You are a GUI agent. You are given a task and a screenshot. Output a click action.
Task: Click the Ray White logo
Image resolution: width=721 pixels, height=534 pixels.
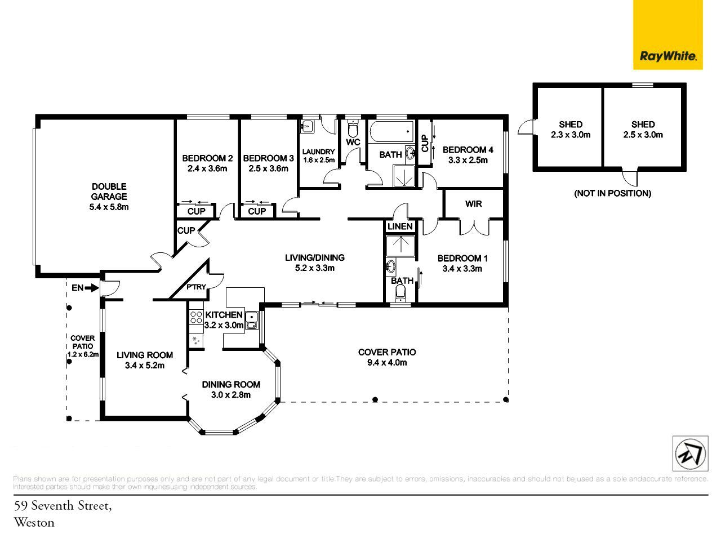tap(667, 34)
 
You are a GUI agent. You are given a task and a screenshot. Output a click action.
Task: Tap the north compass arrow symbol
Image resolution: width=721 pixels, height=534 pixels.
tap(690, 453)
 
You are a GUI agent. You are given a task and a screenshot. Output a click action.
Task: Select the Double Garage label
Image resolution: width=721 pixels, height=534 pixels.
tap(109, 191)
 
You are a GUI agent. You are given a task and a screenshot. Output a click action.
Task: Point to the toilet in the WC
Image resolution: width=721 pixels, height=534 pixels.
tap(353, 129)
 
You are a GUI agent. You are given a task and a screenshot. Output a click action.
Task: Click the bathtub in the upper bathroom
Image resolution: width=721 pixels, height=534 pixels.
tap(391, 131)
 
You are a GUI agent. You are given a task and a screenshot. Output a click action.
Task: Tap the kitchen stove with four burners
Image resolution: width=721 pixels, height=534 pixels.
tap(196, 317)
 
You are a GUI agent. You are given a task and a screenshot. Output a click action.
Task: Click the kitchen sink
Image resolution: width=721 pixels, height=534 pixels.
tap(252, 320)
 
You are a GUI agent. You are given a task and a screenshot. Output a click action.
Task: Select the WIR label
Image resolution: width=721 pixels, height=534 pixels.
tap(473, 204)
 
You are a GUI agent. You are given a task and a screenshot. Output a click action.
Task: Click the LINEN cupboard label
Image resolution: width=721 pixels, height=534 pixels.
tap(400, 226)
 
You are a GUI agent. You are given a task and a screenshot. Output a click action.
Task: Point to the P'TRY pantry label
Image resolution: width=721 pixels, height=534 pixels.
tap(196, 287)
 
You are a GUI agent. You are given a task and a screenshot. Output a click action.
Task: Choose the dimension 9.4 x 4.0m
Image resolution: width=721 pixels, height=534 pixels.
tap(387, 362)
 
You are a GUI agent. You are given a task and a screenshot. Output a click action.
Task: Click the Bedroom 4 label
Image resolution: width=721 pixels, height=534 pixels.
tap(468, 150)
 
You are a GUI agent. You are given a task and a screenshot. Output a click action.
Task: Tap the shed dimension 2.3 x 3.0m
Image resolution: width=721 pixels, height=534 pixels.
tap(571, 135)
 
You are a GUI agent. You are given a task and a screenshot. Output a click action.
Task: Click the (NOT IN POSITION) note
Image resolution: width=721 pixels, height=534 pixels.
tap(612, 193)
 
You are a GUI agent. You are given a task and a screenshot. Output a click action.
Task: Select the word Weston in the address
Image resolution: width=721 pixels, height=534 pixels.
tap(34, 522)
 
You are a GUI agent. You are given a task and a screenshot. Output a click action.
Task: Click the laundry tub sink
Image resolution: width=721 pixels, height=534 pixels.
tap(307, 126)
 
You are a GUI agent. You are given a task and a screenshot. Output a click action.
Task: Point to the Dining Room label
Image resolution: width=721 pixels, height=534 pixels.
tap(231, 384)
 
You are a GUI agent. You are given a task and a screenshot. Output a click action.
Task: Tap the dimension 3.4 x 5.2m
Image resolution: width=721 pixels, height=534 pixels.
tap(145, 365)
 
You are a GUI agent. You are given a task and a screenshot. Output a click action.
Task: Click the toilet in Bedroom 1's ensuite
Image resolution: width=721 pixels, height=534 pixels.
tap(400, 292)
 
